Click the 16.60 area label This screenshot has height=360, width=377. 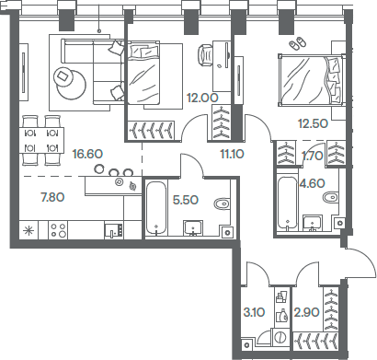(87, 154)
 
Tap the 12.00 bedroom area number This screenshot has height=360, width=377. (201, 96)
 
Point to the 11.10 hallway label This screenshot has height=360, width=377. (233, 155)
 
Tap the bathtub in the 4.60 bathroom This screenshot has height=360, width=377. (289, 202)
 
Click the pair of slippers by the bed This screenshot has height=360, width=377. (296, 43)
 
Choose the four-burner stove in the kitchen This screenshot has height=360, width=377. (59, 229)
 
